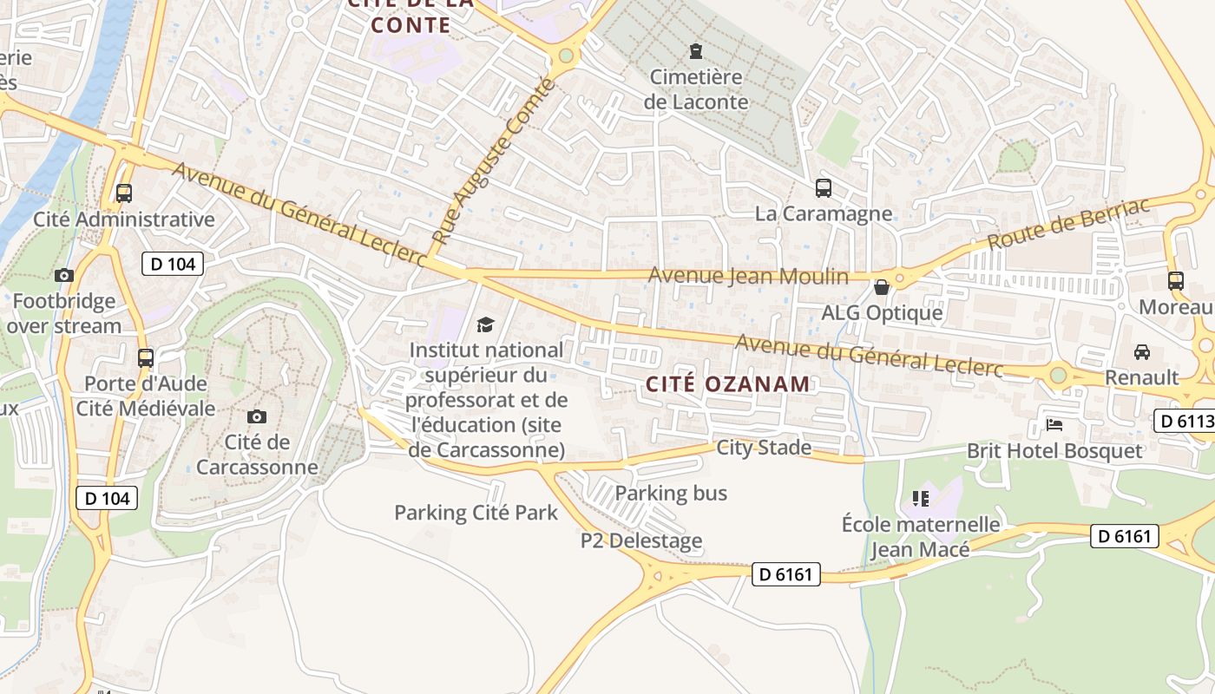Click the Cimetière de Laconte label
696,89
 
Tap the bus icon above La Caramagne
823,187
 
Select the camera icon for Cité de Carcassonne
256,417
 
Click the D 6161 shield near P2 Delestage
785,573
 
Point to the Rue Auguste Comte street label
493,160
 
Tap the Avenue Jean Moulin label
748,276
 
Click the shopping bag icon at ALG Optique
882,287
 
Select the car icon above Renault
1141,352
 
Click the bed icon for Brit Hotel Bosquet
1054,425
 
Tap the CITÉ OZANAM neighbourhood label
728,383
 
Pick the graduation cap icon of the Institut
485,325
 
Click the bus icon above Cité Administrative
124,193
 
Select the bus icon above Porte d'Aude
146,357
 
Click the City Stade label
764,448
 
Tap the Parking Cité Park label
476,512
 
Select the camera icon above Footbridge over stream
63,276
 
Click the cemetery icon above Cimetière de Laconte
695,51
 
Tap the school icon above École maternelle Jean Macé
921,498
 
